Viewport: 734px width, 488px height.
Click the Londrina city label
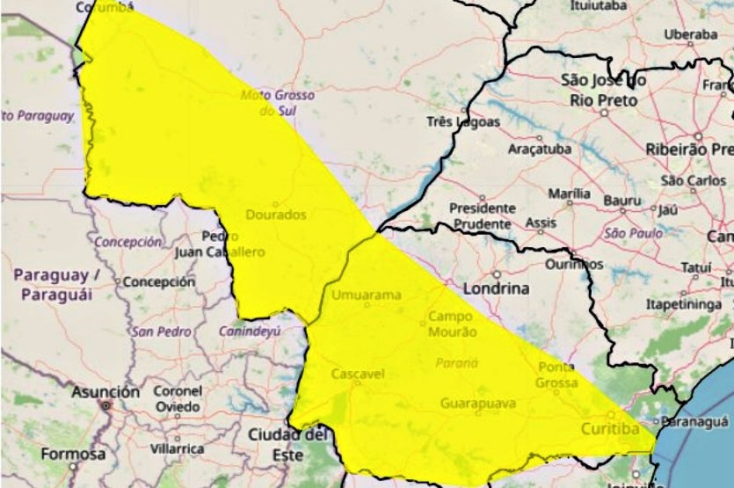(497, 288)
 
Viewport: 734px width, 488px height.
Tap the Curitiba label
(609, 429)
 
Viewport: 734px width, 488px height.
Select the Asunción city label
(105, 391)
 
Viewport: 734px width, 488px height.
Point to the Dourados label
(276, 215)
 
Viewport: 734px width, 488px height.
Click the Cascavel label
(358, 375)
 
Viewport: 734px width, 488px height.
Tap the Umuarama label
(366, 295)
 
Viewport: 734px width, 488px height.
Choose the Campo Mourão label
(452, 324)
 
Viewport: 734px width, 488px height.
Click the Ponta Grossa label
(556, 375)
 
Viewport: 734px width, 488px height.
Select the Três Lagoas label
(462, 122)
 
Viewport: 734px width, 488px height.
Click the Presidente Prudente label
(482, 216)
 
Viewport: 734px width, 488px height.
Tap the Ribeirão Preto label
(689, 149)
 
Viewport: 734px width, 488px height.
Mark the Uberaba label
(690, 33)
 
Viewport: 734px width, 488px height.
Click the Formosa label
(73, 455)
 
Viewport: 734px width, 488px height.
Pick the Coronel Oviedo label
(178, 398)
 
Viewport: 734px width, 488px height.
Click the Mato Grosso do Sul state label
(269, 102)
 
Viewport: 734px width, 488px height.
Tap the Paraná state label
(455, 363)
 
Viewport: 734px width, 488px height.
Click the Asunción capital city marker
(105, 406)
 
